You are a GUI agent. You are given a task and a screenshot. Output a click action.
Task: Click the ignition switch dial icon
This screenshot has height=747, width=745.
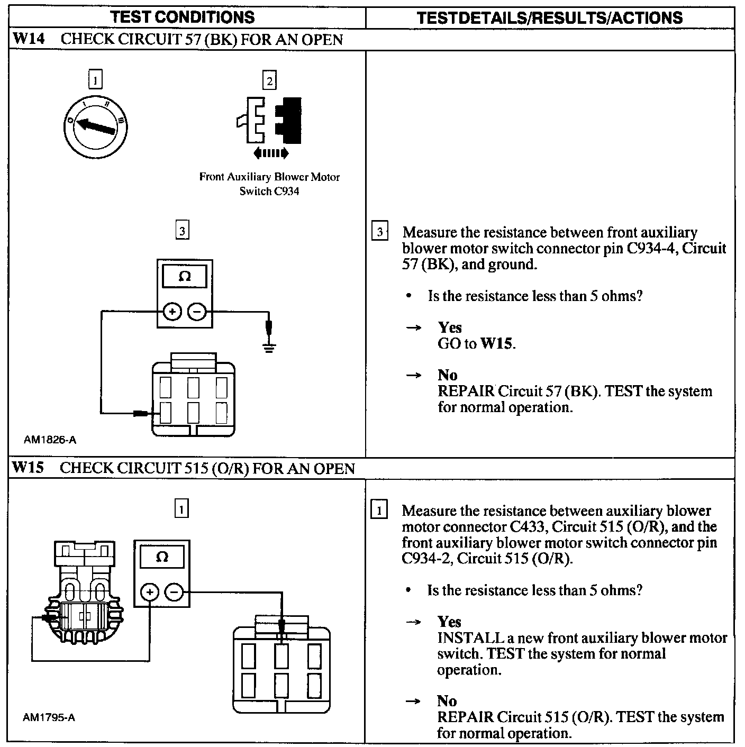(95, 126)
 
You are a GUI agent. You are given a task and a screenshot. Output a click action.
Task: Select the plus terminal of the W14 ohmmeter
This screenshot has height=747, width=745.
(171, 312)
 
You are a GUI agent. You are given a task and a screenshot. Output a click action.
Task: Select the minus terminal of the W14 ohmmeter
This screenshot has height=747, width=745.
(197, 312)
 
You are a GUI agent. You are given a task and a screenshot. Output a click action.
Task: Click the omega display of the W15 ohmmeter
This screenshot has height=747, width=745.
(162, 557)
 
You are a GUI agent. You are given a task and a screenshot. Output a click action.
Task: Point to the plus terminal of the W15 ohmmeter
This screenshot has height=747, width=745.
(150, 592)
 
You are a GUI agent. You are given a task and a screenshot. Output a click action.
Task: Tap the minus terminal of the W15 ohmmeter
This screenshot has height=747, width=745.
(175, 592)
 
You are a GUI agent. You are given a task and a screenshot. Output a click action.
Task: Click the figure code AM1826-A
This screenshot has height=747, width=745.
(50, 440)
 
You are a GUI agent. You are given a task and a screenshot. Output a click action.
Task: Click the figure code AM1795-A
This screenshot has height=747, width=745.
(49, 718)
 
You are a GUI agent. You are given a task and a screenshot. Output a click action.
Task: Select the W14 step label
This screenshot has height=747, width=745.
(29, 39)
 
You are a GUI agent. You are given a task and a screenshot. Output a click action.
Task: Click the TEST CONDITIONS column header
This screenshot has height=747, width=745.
(183, 17)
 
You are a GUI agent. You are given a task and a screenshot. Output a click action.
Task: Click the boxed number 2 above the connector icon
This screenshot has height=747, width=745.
(269, 81)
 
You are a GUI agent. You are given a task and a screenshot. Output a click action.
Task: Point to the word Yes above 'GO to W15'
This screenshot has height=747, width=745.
(450, 327)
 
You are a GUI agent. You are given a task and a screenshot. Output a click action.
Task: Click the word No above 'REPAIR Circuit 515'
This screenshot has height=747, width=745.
(447, 701)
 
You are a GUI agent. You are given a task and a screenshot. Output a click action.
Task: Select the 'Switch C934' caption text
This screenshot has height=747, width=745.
(269, 191)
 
